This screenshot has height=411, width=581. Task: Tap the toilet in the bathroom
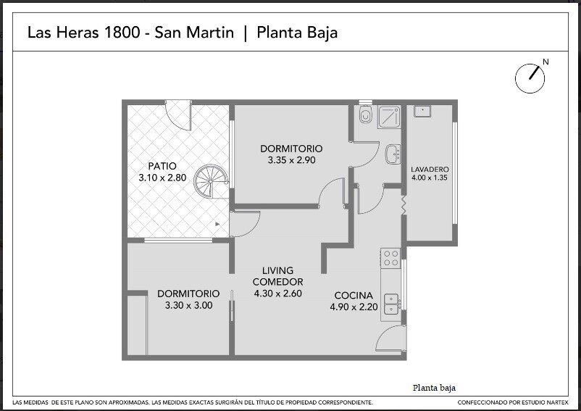click(365, 115)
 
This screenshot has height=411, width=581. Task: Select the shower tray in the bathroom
click(389, 117)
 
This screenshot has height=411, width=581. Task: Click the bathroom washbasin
click(393, 154)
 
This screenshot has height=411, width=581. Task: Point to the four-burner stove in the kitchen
click(391, 257)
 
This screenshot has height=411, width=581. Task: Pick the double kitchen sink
click(391, 304)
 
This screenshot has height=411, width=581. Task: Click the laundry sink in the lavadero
click(422, 111)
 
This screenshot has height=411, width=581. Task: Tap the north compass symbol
click(530, 78)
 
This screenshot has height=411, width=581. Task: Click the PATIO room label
click(162, 166)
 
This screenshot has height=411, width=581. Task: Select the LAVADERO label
click(430, 170)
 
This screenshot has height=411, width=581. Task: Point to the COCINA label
click(354, 295)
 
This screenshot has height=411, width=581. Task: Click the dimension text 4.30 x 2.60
click(278, 294)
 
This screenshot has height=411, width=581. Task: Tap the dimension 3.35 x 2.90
click(292, 160)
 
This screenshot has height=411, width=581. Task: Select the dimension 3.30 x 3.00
click(188, 305)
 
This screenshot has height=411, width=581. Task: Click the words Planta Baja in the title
click(297, 33)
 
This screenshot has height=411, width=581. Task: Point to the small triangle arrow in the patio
click(217, 224)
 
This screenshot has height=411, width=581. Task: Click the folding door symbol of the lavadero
click(404, 205)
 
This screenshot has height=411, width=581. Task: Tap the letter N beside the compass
click(546, 62)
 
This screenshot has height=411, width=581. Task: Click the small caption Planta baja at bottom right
click(434, 388)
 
